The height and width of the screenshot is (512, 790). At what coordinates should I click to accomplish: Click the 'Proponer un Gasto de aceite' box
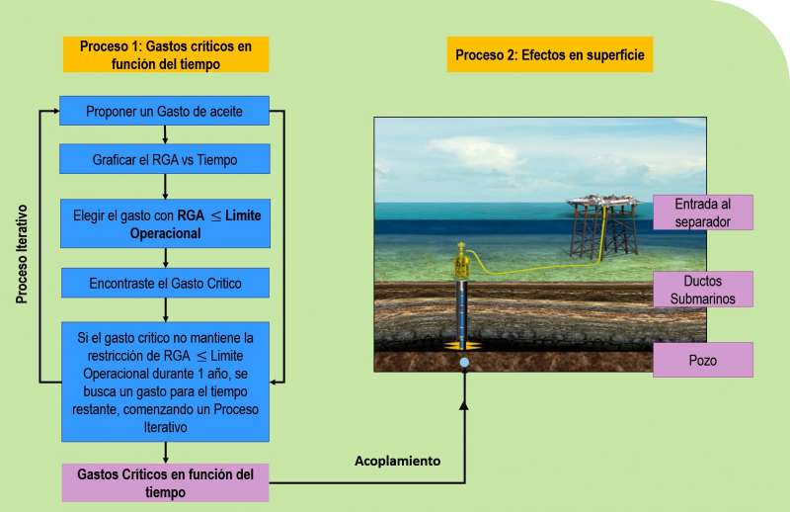coord(164,111)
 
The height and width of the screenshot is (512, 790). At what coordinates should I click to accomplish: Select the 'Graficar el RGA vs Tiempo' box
coord(165,159)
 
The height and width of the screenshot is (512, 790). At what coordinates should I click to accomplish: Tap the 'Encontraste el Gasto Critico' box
coord(165,283)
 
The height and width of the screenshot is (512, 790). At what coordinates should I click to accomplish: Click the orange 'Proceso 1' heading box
coord(166,54)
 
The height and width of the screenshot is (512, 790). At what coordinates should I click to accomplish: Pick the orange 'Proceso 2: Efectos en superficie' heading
coord(550,54)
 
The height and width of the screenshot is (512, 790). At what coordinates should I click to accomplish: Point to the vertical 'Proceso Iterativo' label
coord(22,254)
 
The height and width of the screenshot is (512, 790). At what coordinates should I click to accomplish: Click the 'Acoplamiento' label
coord(398,461)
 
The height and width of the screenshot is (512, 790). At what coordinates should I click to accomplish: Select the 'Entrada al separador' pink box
coord(703,213)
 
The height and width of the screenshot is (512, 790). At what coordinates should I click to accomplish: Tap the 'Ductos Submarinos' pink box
coord(703,289)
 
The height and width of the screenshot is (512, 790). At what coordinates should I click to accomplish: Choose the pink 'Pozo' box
coord(703,360)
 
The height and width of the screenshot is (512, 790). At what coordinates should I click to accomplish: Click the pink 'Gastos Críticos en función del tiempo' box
coord(165,482)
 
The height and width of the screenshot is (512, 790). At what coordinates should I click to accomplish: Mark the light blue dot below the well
coord(464,362)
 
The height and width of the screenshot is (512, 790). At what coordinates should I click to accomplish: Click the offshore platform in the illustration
coord(603,226)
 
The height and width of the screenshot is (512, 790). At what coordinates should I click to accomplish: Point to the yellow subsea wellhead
coord(461,261)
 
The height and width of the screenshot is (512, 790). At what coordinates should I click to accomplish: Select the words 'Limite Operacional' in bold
coord(197,224)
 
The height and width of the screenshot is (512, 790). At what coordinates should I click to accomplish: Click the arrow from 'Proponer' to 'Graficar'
coord(165,134)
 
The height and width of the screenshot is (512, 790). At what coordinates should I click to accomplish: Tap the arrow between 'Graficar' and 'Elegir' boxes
coord(165,186)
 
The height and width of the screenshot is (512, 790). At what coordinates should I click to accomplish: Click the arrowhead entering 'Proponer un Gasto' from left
coord(56,111)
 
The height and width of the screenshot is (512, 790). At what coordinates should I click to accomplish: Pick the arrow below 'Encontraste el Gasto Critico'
coord(165,309)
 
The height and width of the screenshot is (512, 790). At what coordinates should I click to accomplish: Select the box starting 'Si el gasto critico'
coord(165,382)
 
